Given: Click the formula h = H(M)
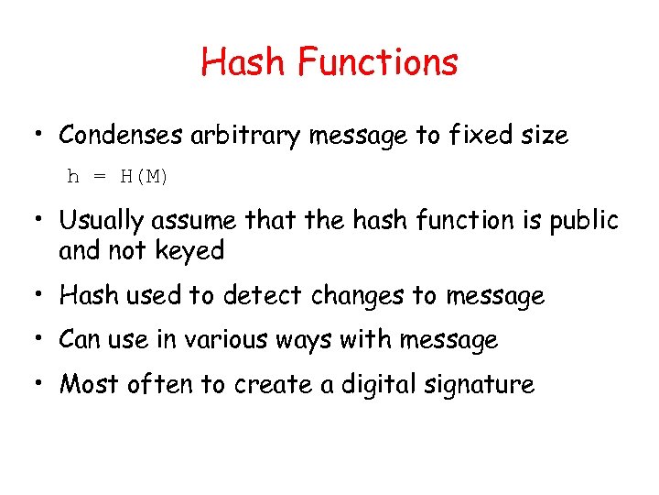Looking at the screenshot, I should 118,177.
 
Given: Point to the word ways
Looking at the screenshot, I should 304,340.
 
